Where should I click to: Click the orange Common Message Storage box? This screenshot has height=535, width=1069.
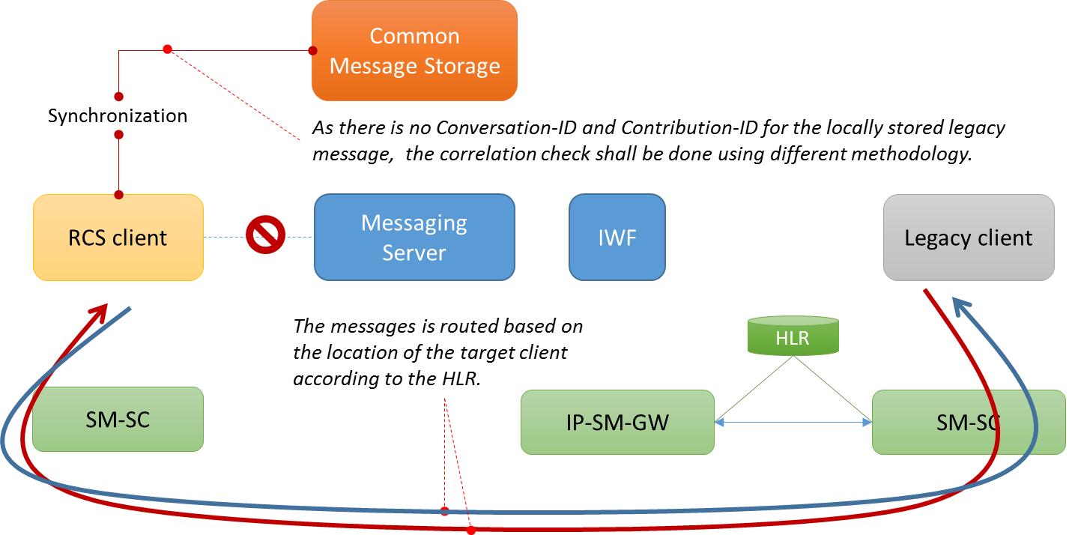coord(414,51)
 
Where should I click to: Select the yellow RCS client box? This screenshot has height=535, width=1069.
coord(118,238)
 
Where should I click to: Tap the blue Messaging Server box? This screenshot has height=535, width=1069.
coord(414,237)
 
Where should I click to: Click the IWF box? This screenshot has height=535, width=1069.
coord(617,237)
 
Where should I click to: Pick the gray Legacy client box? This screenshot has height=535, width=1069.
coord(968,238)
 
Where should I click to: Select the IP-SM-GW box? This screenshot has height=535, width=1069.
coord(617,422)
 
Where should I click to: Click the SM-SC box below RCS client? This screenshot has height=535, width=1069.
coord(118,419)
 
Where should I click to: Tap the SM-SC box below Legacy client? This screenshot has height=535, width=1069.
coord(968,423)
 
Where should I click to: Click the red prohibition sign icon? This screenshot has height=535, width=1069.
coord(265,235)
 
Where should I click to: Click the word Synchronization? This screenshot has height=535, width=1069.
coord(118,116)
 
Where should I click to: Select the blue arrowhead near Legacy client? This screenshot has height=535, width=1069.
coord(963,306)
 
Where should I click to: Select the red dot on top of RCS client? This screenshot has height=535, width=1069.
coord(118,195)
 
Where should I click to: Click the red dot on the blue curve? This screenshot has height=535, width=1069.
coord(444,511)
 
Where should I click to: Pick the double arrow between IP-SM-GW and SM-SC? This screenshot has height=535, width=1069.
coord(793,423)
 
